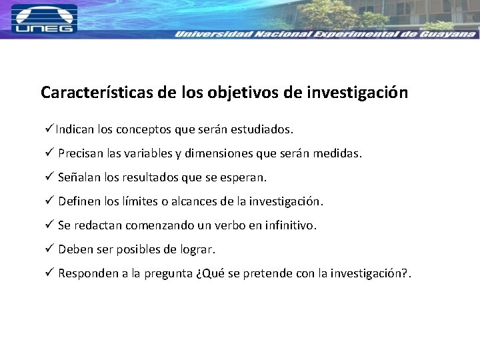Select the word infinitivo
pyautogui.click(x=290, y=226)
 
